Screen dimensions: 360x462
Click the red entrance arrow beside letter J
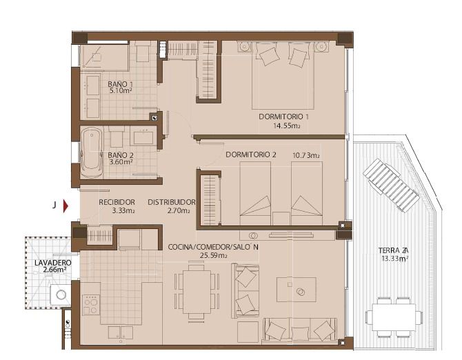click(x=66, y=206)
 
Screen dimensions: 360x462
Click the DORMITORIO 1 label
click(x=284, y=117)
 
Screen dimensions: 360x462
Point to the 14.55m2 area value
click(x=285, y=126)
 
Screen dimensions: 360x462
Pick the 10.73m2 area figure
click(x=305, y=156)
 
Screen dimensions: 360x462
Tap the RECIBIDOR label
click(x=115, y=202)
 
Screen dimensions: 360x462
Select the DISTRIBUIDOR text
click(x=172, y=202)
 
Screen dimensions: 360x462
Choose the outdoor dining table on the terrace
click(x=394, y=316)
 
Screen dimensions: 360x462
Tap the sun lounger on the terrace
click(x=391, y=185)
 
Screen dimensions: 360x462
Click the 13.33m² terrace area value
click(x=394, y=259)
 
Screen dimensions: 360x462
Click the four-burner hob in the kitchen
click(x=90, y=306)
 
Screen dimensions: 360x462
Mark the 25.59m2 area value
click(x=213, y=255)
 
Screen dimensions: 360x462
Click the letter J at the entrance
click(x=53, y=205)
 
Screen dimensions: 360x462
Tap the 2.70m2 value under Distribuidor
click(x=179, y=211)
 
